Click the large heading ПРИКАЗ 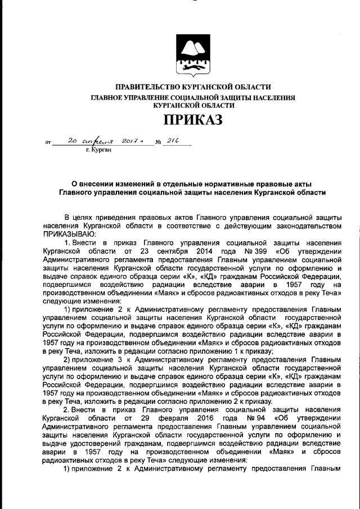pyautogui.click(x=193, y=119)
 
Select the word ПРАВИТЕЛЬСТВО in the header pyautogui.click(x=145, y=87)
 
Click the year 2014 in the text pyautogui.click(x=202, y=251)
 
